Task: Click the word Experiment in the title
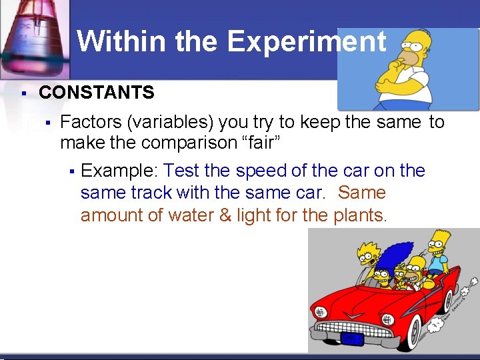307,42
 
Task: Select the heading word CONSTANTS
97,93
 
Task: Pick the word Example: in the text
119,171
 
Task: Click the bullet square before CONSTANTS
23,93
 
